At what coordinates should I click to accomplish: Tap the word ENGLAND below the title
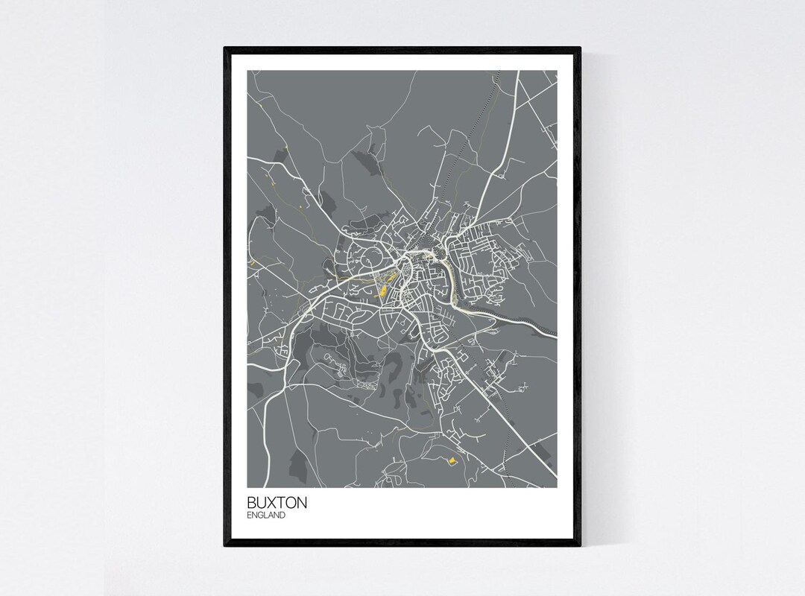(266, 515)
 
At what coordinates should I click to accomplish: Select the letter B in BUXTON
(252, 503)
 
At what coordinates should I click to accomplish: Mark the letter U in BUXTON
(262, 503)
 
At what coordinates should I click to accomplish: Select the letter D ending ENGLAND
(283, 515)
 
